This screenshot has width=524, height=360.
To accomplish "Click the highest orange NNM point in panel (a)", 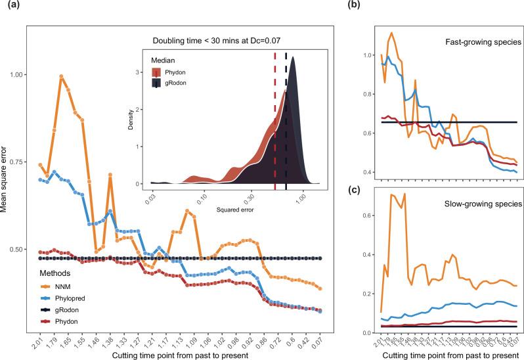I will (x=61, y=77).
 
